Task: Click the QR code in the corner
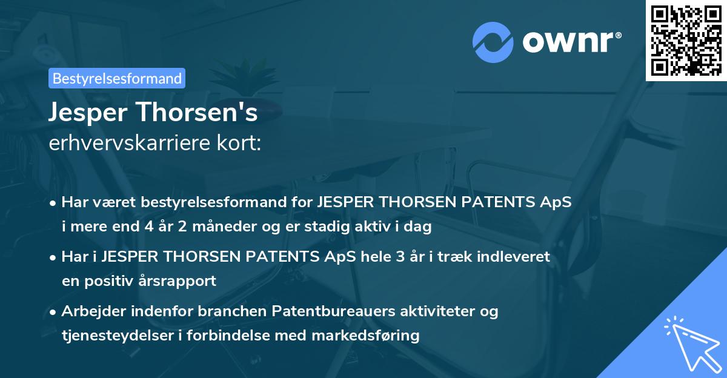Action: pos(686,40)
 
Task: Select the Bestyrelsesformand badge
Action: pos(117,78)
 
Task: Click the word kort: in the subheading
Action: pos(241,144)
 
